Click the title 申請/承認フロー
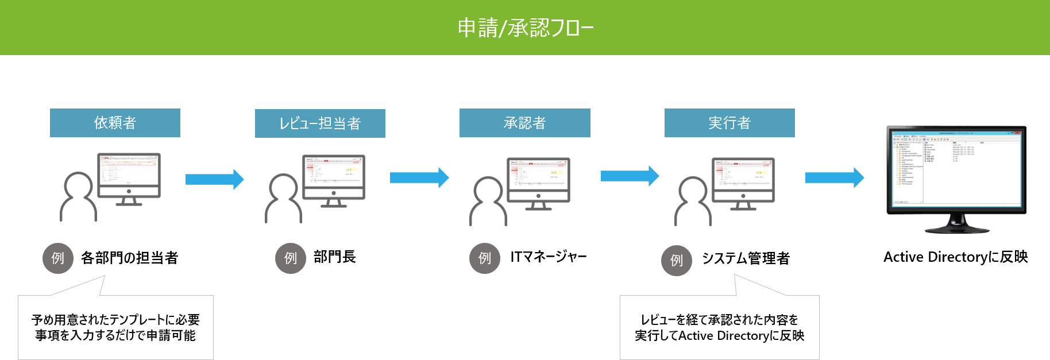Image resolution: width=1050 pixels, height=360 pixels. (525, 28)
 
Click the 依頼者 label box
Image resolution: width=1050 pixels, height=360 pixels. (115, 123)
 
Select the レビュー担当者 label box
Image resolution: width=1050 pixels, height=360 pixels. (320, 123)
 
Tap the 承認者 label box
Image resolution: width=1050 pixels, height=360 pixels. (524, 123)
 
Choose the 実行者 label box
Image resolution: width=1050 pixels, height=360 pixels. (729, 123)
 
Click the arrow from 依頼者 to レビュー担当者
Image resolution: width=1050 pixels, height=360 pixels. (214, 179)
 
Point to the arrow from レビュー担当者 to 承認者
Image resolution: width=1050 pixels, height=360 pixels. (419, 178)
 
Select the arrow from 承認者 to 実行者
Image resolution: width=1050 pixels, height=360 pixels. (630, 176)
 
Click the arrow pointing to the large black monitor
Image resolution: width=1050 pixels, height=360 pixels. (834, 178)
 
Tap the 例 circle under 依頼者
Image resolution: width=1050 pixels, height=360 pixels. (58, 258)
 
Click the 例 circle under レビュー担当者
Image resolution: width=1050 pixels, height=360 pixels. (291, 258)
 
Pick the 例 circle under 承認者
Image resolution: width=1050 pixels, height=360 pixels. (485, 258)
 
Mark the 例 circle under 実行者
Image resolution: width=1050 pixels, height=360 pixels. (677, 261)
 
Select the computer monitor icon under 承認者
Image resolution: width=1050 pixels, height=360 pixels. (538, 183)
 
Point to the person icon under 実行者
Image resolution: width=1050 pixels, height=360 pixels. (693, 201)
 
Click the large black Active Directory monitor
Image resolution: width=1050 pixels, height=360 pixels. (956, 172)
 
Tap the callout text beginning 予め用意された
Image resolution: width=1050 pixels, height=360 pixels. (115, 327)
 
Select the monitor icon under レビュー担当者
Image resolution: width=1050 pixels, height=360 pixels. (334, 179)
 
